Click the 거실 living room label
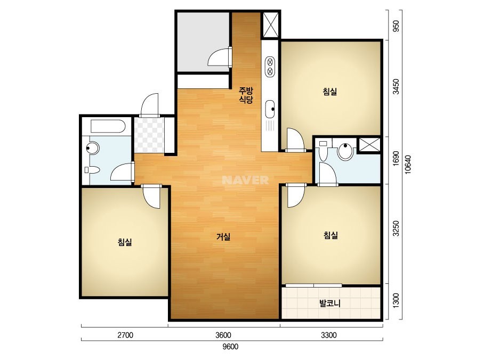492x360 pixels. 223,237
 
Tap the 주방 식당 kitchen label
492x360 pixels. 246,95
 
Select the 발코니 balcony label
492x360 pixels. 330,303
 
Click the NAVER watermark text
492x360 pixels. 245,180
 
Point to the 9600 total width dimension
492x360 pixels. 230,347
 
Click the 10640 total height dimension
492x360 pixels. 408,165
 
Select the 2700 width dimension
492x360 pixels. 125,335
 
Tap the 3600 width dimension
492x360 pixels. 223,335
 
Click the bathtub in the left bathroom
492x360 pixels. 108,126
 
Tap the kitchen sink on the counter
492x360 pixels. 270,109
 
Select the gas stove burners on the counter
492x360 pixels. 270,67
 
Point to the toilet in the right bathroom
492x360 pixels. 323,151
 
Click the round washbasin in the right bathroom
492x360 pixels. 345,151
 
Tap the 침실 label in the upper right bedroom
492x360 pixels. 330,92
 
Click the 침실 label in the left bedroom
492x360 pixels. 125,242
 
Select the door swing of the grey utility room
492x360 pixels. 220,57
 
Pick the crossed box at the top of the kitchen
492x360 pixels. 270,25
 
